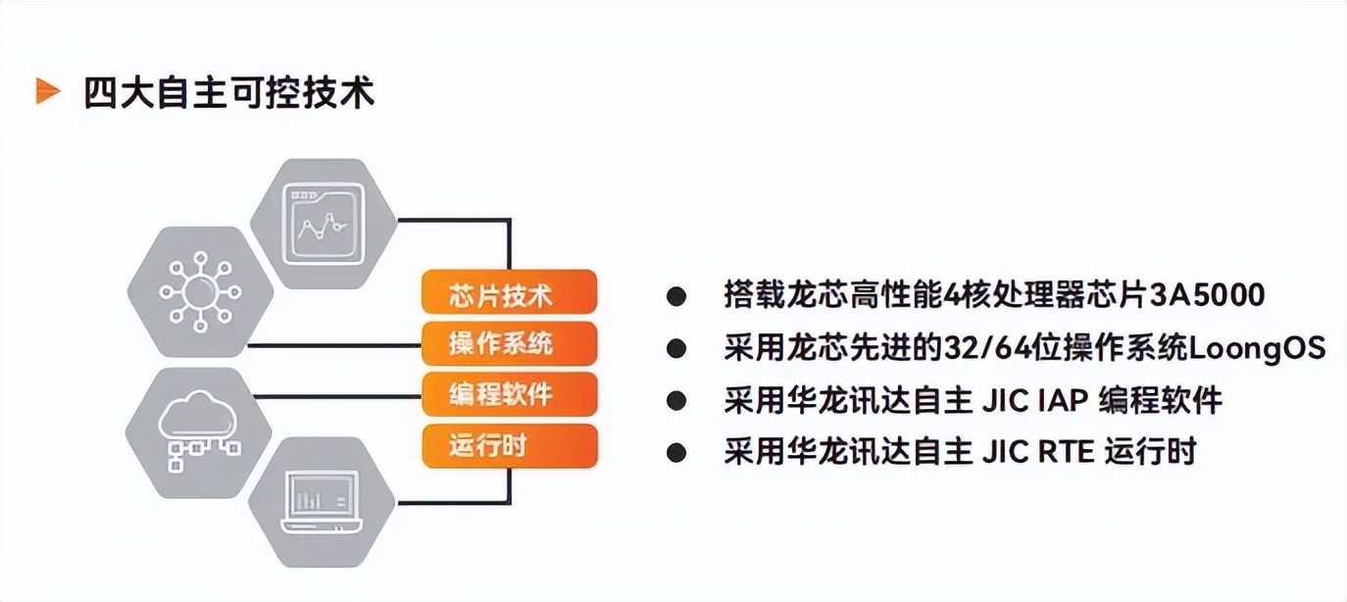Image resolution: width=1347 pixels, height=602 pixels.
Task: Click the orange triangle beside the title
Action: (x=48, y=92)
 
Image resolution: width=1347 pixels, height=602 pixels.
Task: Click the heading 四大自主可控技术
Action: (x=229, y=92)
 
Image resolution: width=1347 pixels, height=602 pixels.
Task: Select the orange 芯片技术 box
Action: (x=510, y=292)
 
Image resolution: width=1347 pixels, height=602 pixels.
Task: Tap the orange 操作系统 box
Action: (x=510, y=343)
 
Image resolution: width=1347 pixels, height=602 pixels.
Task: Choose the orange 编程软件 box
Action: (x=510, y=394)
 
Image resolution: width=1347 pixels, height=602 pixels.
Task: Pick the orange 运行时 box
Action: (x=510, y=446)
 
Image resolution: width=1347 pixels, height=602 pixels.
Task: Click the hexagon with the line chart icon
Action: (x=324, y=224)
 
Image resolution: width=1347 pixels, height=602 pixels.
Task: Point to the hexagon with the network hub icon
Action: (x=200, y=292)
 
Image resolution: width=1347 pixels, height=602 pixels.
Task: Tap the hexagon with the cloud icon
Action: (x=198, y=433)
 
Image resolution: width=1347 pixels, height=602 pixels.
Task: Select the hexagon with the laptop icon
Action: (x=322, y=503)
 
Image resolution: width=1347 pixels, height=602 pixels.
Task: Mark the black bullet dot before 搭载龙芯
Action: (x=676, y=296)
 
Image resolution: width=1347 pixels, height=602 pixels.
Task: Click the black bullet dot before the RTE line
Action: (x=676, y=453)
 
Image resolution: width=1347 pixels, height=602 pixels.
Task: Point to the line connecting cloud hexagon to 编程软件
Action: (x=338, y=396)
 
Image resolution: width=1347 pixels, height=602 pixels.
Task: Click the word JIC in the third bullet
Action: (x=1005, y=400)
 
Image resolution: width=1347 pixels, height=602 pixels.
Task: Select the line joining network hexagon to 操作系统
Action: (x=335, y=345)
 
